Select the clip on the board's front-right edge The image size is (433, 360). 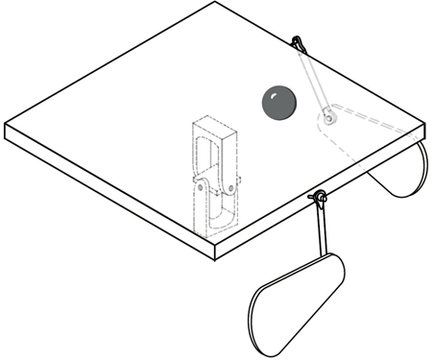[318, 199]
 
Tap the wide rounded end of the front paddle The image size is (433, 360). [268, 318]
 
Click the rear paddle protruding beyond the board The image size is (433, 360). [402, 173]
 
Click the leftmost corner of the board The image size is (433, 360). [6, 125]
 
